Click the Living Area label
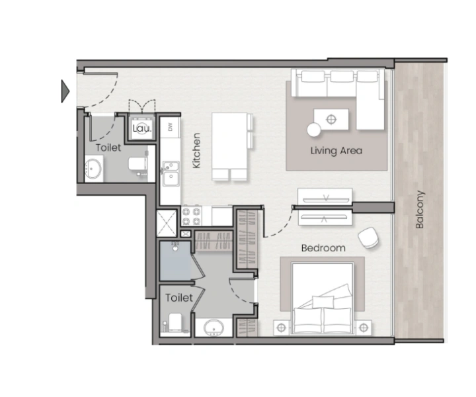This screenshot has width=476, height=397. [337, 151]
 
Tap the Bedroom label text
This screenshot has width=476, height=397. [323, 248]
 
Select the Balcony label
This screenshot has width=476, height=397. [420, 210]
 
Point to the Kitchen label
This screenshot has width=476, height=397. [196, 151]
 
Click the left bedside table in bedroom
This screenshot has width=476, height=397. [281, 326]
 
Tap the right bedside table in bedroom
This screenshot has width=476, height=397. [364, 326]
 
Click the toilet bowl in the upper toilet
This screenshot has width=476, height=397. [138, 165]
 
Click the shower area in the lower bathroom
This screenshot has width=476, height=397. [175, 261]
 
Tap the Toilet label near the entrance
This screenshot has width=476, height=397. [108, 148]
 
